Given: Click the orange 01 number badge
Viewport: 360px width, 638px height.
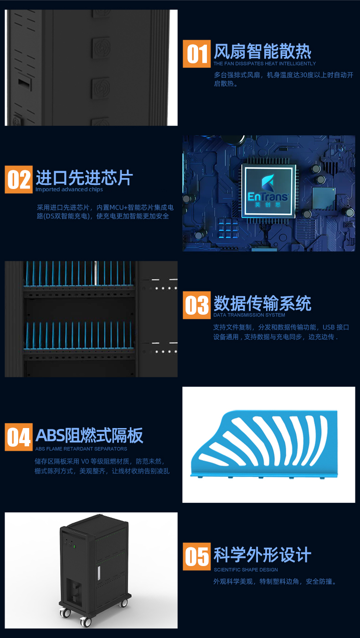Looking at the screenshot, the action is (x=197, y=54).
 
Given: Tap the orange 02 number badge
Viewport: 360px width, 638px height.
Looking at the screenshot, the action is (x=19, y=179).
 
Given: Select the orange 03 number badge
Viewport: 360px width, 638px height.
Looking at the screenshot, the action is (x=197, y=305).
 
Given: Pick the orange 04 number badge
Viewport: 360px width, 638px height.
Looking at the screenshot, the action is (x=19, y=437).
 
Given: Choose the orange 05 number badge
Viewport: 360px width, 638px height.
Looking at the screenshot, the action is (x=197, y=556).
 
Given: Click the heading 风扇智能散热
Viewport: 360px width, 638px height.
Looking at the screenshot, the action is (x=262, y=51).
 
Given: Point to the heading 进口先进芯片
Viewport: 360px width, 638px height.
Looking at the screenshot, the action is (x=84, y=178).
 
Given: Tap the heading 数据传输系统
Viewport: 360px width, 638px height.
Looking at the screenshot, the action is (x=262, y=303).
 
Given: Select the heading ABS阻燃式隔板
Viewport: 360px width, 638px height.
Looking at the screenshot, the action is (x=89, y=435).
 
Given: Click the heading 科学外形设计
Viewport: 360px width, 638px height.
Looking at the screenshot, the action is (x=262, y=555).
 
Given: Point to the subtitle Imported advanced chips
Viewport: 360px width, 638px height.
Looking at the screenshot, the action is (x=69, y=189).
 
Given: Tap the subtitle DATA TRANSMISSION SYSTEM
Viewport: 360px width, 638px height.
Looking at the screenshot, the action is (x=249, y=315).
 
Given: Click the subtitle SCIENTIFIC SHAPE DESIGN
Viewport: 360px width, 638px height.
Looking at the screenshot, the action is (x=246, y=570).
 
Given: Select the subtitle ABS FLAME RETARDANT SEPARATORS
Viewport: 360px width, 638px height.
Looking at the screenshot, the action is (x=81, y=449).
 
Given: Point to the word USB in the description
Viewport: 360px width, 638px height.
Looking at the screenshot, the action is (x=328, y=327).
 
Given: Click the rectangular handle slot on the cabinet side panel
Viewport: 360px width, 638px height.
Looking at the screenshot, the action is (x=25, y=83).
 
